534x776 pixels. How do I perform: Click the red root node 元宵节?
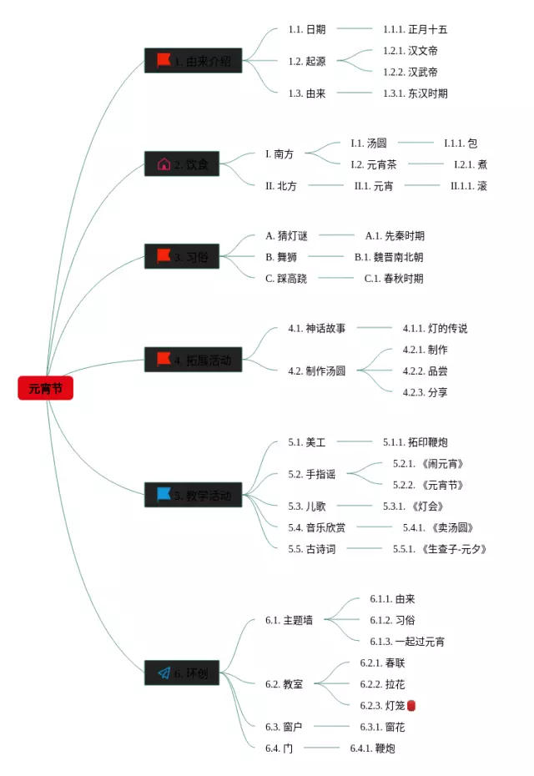pos(46,388)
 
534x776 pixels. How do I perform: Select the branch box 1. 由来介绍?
pos(194,61)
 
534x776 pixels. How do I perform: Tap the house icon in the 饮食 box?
pos(164,164)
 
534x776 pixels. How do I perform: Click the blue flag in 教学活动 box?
pos(164,495)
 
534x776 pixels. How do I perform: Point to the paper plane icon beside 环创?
pos(164,673)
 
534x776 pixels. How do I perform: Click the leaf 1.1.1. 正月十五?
pos(416,29)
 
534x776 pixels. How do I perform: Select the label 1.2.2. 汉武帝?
pos(411,72)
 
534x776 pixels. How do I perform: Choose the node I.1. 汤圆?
pos(369,144)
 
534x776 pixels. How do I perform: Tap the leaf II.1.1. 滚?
pos(469,186)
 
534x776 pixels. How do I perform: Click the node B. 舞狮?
pos(281,257)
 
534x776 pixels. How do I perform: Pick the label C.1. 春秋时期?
pos(394,279)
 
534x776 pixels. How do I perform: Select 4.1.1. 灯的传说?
pos(436,329)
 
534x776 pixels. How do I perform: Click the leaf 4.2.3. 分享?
pos(426,392)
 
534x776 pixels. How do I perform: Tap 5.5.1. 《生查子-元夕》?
pos(440,549)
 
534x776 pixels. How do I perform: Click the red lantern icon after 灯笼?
pos(411,706)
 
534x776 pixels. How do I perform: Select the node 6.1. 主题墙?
pos(290,620)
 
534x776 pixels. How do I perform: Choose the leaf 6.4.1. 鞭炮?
pos(373,748)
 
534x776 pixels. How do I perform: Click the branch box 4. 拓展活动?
pos(194,360)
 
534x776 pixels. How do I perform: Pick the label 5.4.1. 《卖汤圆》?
pos(439,527)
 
